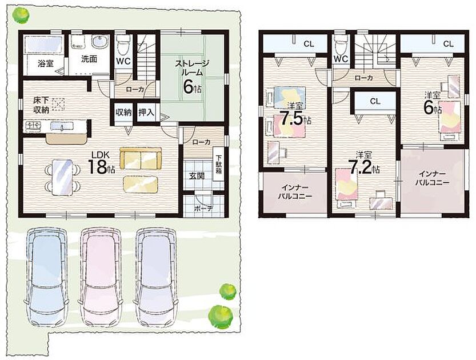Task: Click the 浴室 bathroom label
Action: pyautogui.click(x=46, y=63)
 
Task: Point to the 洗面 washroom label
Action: pyautogui.click(x=89, y=59)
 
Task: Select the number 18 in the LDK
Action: pyautogui.click(x=97, y=167)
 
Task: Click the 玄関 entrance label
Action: pyautogui.click(x=197, y=176)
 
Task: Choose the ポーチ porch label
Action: pyautogui.click(x=203, y=209)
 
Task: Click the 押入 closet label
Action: pyautogui.click(x=146, y=113)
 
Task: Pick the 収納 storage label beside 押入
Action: pyautogui.click(x=123, y=113)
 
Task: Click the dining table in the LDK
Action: pyautogui.click(x=62, y=178)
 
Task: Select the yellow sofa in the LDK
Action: pyautogui.click(x=141, y=158)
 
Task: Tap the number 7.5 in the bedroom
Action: pyautogui.click(x=292, y=119)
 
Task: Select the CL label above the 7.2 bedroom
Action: pyautogui.click(x=375, y=101)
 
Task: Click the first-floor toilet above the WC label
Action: pyautogui.click(x=123, y=43)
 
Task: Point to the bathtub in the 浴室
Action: pyautogui.click(x=43, y=45)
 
